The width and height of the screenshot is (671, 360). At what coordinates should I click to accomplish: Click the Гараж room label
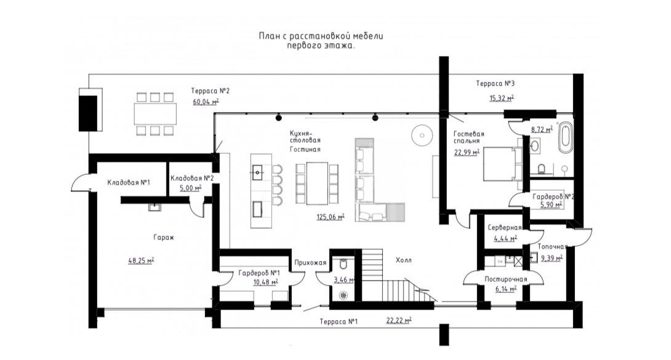pyautogui.click(x=164, y=238)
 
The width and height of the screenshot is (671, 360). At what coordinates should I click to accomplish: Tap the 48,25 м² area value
pyautogui.click(x=141, y=260)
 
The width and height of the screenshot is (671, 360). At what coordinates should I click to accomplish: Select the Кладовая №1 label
pyautogui.click(x=129, y=183)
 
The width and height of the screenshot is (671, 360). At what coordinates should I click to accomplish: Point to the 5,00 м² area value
pyautogui.click(x=190, y=188)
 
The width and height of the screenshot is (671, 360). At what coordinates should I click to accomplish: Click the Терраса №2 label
pyautogui.click(x=211, y=90)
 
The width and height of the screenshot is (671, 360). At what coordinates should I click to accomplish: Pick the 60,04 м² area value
pyautogui.click(x=206, y=102)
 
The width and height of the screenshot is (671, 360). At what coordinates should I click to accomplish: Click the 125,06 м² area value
pyautogui.click(x=331, y=217)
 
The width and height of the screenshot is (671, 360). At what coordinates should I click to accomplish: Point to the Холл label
pyautogui.click(x=404, y=260)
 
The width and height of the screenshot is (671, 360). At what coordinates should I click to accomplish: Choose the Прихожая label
pyautogui.click(x=310, y=263)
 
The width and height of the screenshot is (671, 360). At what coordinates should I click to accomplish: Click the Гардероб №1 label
pyautogui.click(x=259, y=273)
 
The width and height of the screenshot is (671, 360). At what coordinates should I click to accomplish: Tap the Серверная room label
pyautogui.click(x=505, y=228)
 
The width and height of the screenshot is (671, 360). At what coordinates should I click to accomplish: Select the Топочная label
pyautogui.click(x=552, y=247)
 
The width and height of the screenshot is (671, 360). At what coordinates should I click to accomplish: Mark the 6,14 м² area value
pyautogui.click(x=506, y=289)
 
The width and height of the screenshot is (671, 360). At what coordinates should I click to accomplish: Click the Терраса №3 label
pyautogui.click(x=495, y=83)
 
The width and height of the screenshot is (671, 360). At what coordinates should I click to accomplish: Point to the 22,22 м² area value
pyautogui.click(x=399, y=320)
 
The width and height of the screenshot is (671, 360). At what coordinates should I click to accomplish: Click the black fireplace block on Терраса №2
pyautogui.click(x=88, y=113)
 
